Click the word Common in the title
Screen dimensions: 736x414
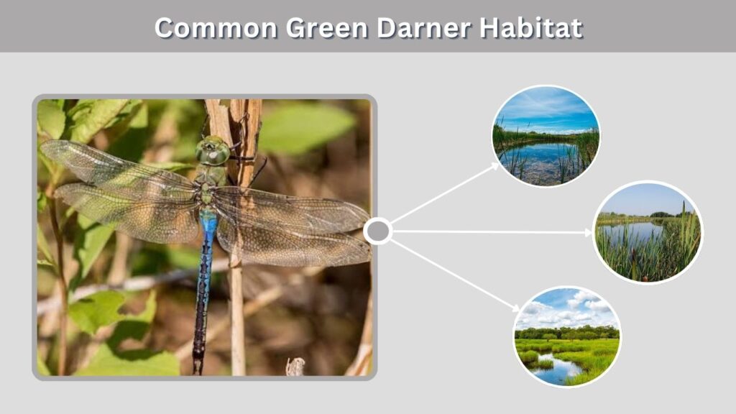tap(216, 28)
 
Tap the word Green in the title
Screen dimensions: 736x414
tap(327, 28)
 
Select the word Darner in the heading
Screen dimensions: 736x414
tap(423, 28)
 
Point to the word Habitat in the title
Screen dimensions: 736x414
tap(531, 28)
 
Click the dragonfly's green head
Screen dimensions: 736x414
tap(213, 151)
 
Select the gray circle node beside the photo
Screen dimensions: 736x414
tap(378, 231)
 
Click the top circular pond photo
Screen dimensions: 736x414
tap(546, 136)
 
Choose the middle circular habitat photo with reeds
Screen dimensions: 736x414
tap(648, 232)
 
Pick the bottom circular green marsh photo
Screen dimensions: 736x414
tap(567, 337)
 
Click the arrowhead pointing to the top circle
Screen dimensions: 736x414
tap(495, 166)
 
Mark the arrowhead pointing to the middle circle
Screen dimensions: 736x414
tap(588, 233)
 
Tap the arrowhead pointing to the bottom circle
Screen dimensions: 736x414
tap(515, 308)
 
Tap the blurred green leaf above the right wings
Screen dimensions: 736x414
tap(305, 126)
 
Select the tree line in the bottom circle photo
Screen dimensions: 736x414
tap(567, 333)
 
